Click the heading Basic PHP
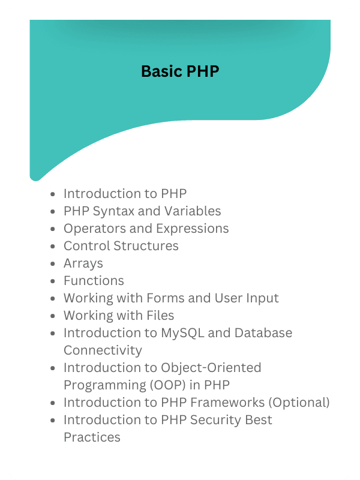click(180, 71)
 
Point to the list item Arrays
click(83, 263)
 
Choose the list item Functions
click(94, 281)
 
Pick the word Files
click(158, 316)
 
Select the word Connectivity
click(103, 350)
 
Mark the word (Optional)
click(299, 403)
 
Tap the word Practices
click(92, 437)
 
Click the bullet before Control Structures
click(54, 247)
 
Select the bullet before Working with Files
click(54, 316)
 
